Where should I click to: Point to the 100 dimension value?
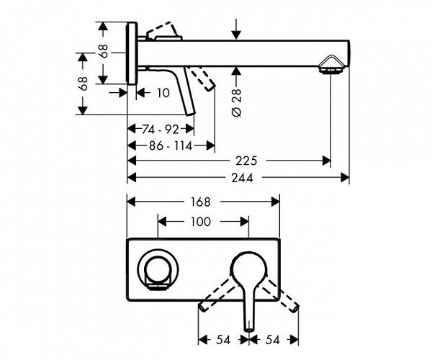click(202, 222)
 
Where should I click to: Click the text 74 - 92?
click(160, 130)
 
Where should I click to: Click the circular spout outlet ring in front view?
click(157, 271)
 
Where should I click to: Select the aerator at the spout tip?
click(332, 71)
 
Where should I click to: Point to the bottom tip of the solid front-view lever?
click(248, 328)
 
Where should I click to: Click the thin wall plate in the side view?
click(130, 54)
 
